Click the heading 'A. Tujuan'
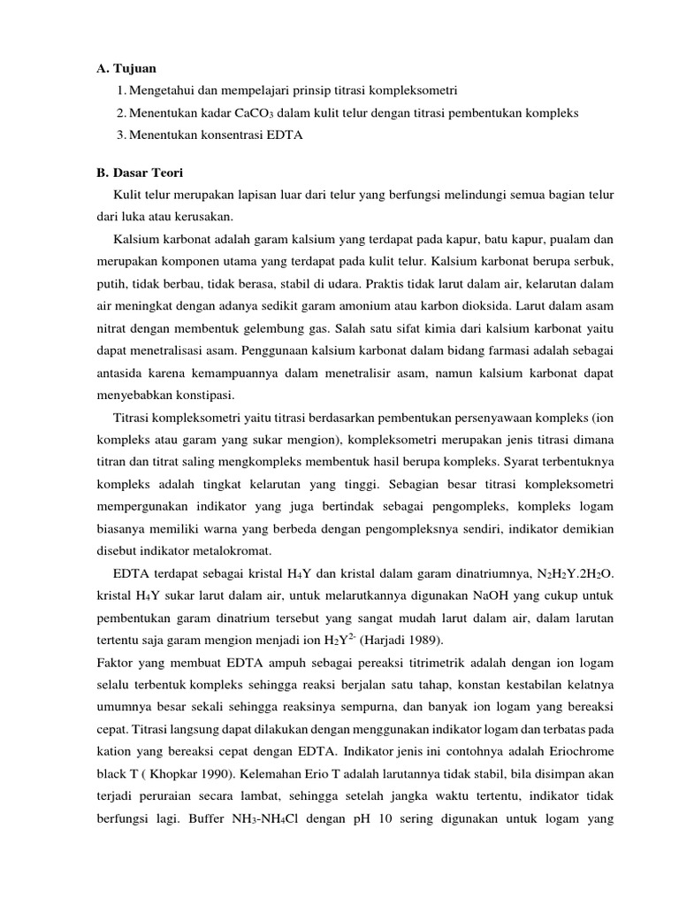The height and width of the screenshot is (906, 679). (129, 68)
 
